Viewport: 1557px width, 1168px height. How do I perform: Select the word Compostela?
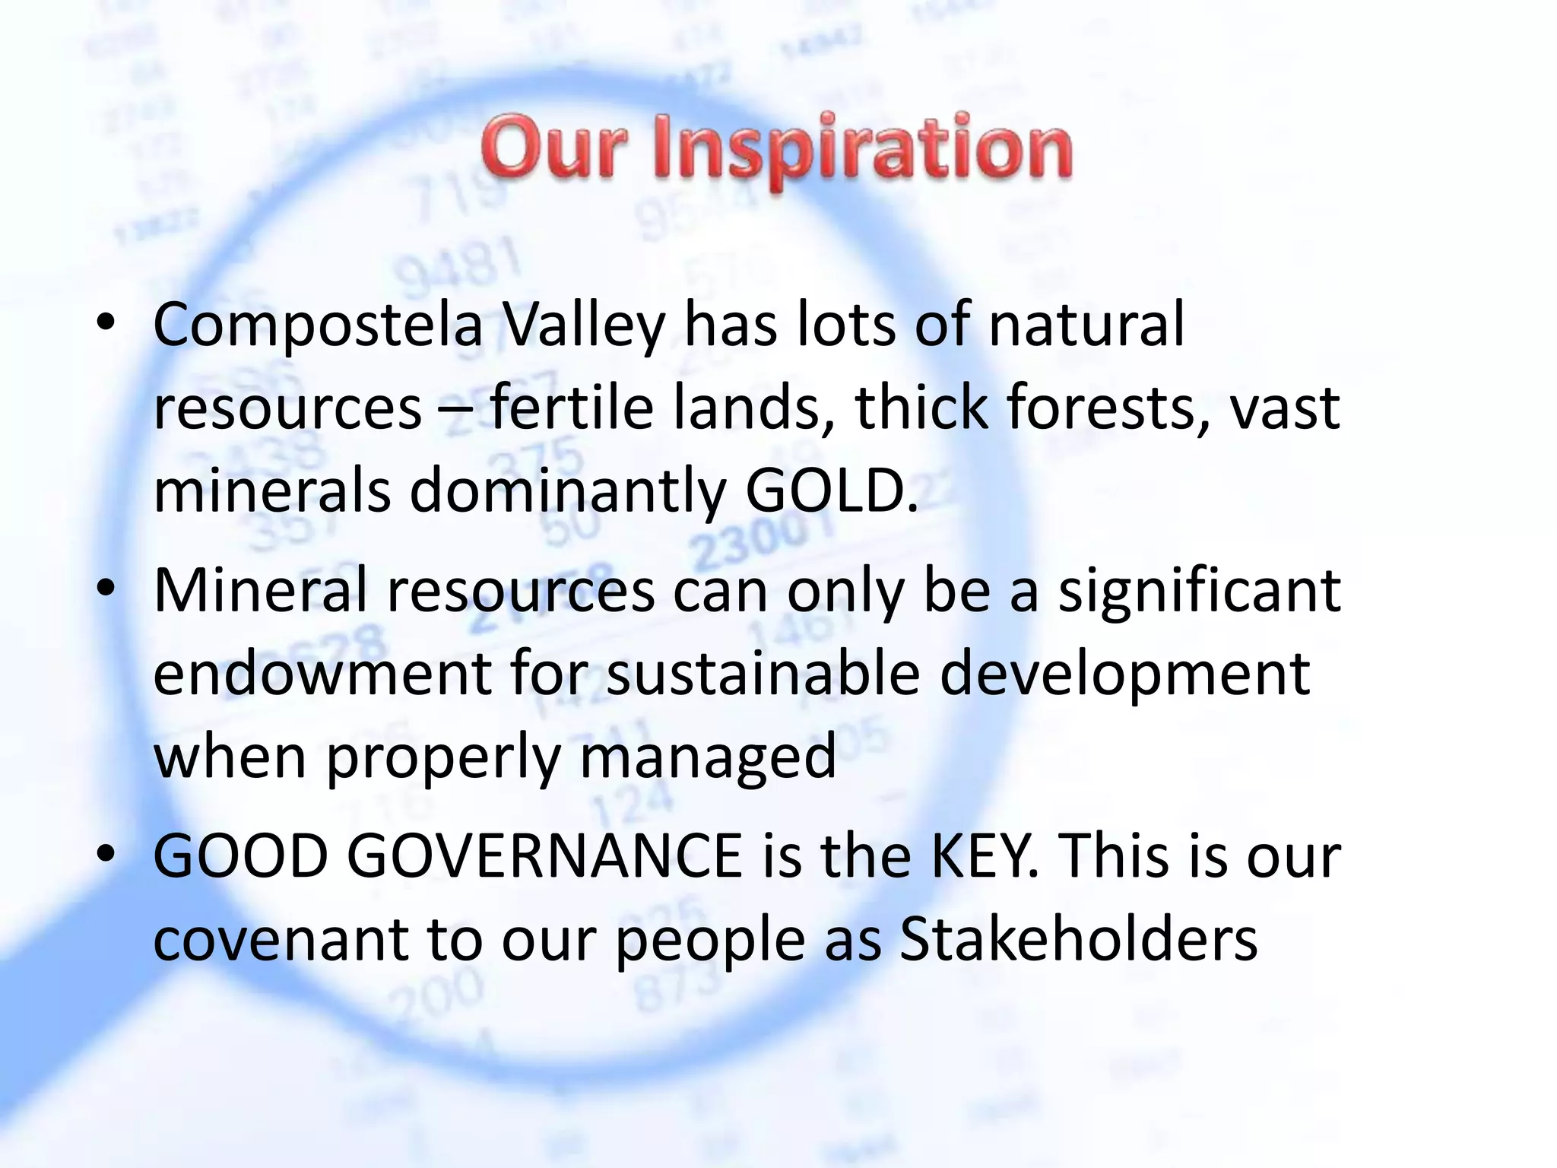(x=318, y=325)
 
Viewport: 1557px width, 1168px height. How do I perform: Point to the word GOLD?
(x=831, y=490)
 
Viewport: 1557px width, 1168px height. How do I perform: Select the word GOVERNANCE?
(x=544, y=857)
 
